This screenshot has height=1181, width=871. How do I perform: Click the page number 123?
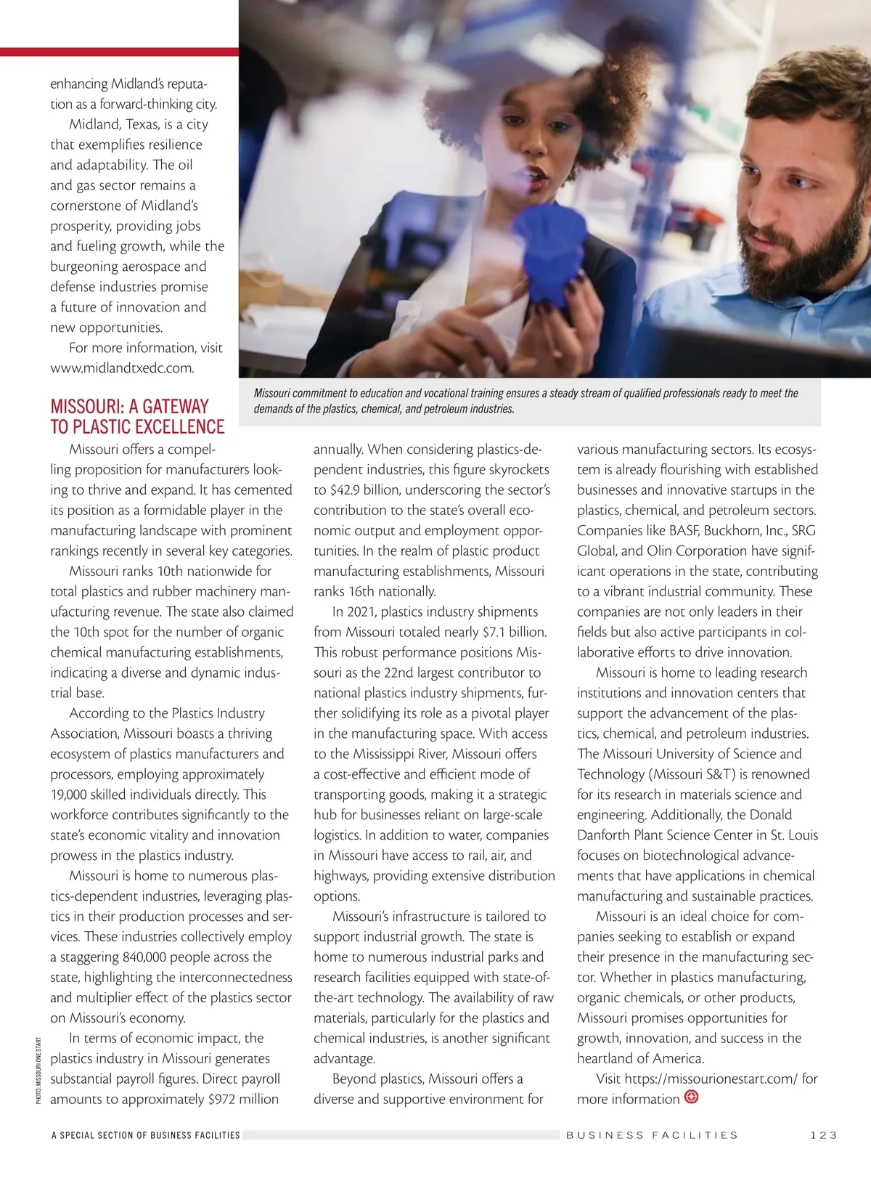824,1135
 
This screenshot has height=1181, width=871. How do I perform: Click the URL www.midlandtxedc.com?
122,368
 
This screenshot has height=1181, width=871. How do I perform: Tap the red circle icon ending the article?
692,1097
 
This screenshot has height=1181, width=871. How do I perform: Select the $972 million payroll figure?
242,1099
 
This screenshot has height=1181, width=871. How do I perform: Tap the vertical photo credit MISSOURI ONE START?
38,1071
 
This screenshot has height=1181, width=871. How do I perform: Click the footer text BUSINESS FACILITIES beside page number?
652,1135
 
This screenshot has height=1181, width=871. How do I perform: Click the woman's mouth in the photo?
536,174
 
